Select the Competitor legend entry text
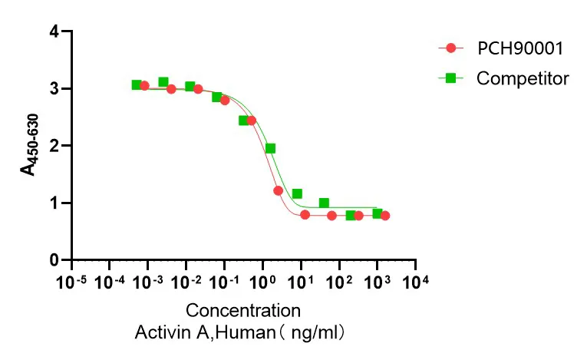[x=523, y=78]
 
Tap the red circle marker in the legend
[x=451, y=48]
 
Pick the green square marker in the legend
[x=451, y=78]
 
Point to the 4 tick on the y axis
[x=54, y=31]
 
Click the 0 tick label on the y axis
[x=54, y=260]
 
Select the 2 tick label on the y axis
[x=54, y=146]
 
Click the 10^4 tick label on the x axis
[x=415, y=282]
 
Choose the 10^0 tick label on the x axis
[x=262, y=282]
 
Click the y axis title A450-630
[x=29, y=146]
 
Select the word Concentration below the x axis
[x=243, y=311]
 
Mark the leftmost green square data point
[x=137, y=84]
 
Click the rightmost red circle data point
[x=385, y=216]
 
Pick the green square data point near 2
[x=270, y=149]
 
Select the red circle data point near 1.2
[x=278, y=190]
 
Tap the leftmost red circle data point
[x=144, y=86]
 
